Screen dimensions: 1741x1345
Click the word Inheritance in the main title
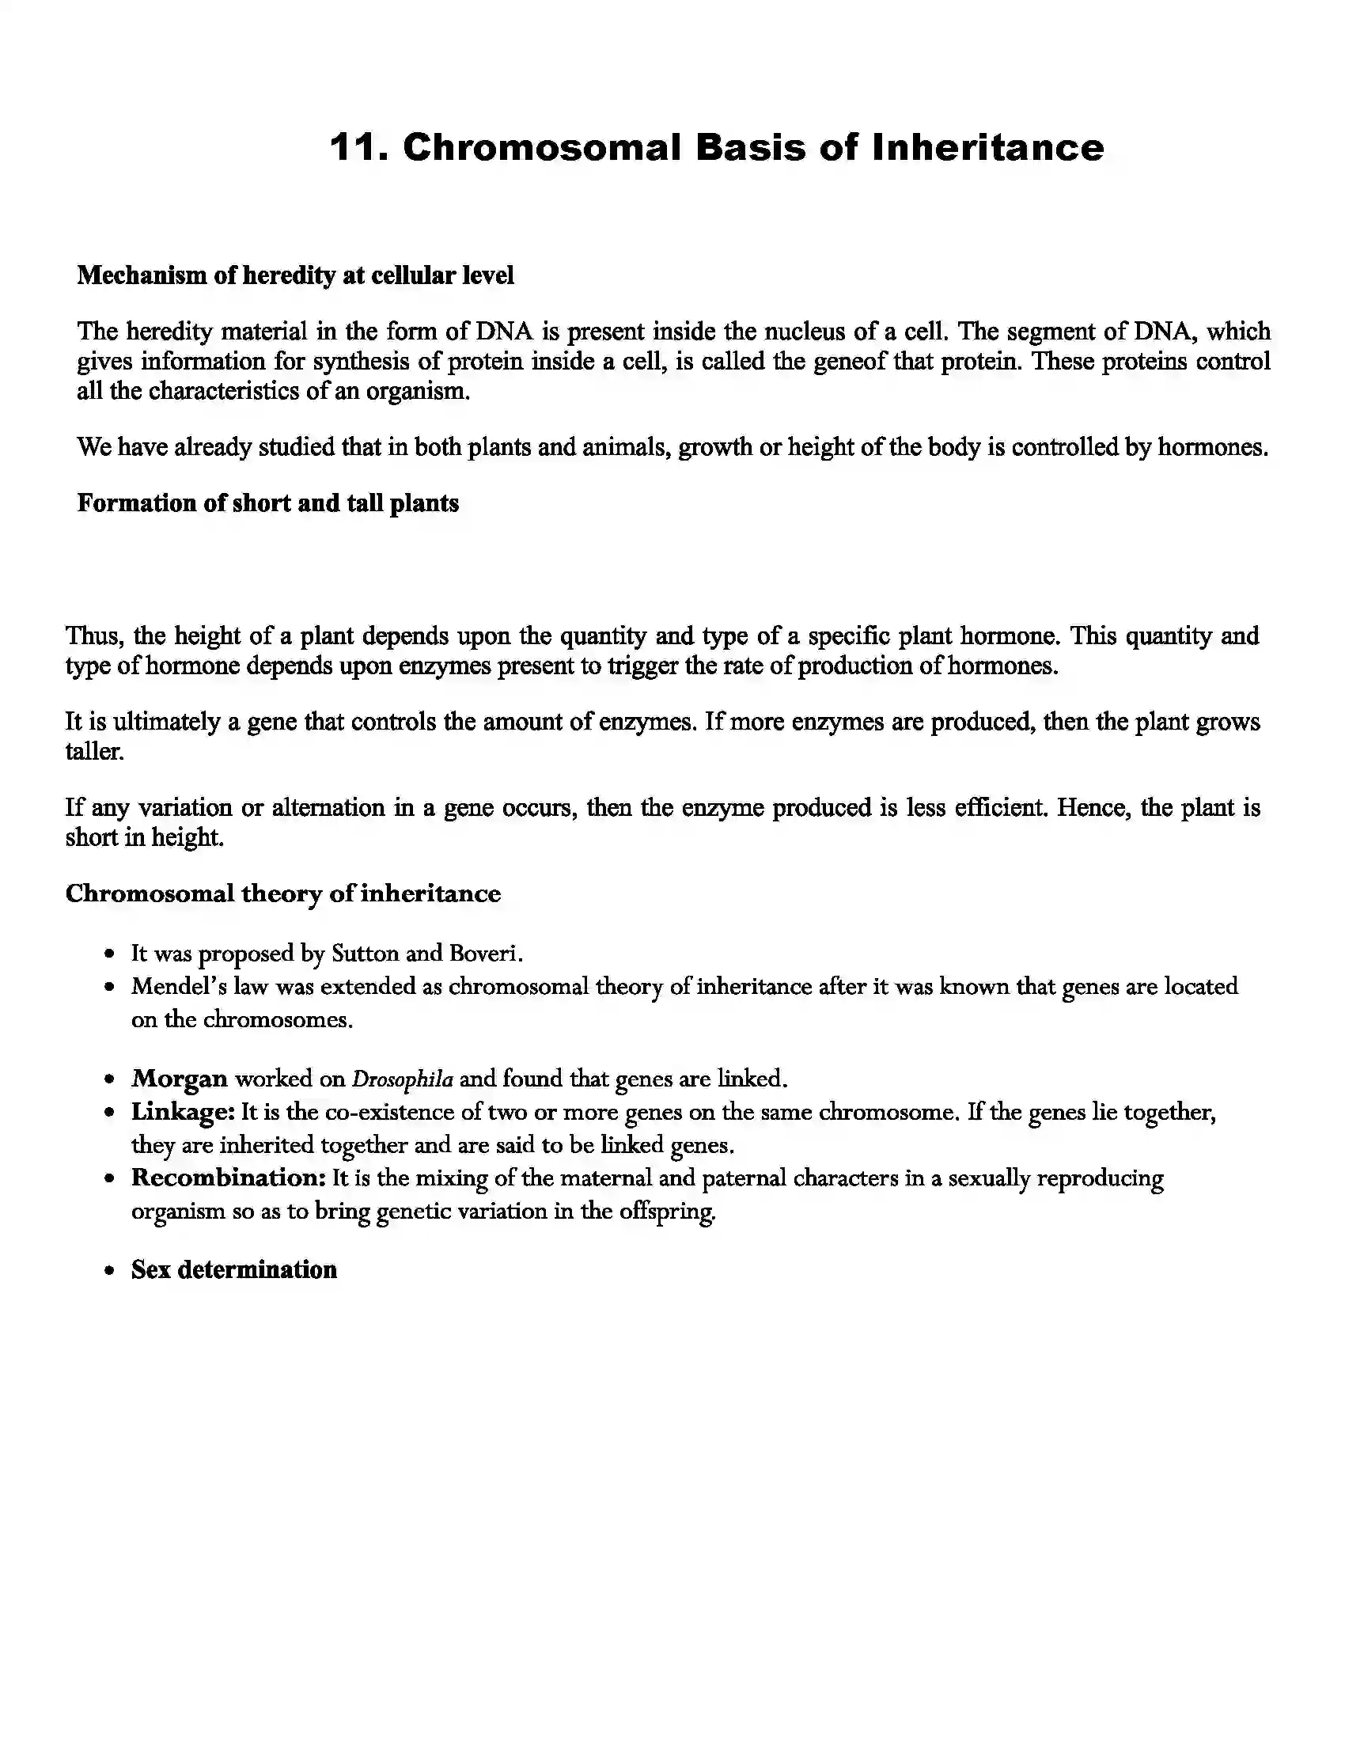987,147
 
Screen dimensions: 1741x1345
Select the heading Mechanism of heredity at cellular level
295,276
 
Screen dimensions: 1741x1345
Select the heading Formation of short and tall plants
267,504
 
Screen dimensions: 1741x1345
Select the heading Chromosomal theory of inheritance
283,893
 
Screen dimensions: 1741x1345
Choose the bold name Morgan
180,1079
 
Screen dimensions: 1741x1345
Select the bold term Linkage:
183,1112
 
